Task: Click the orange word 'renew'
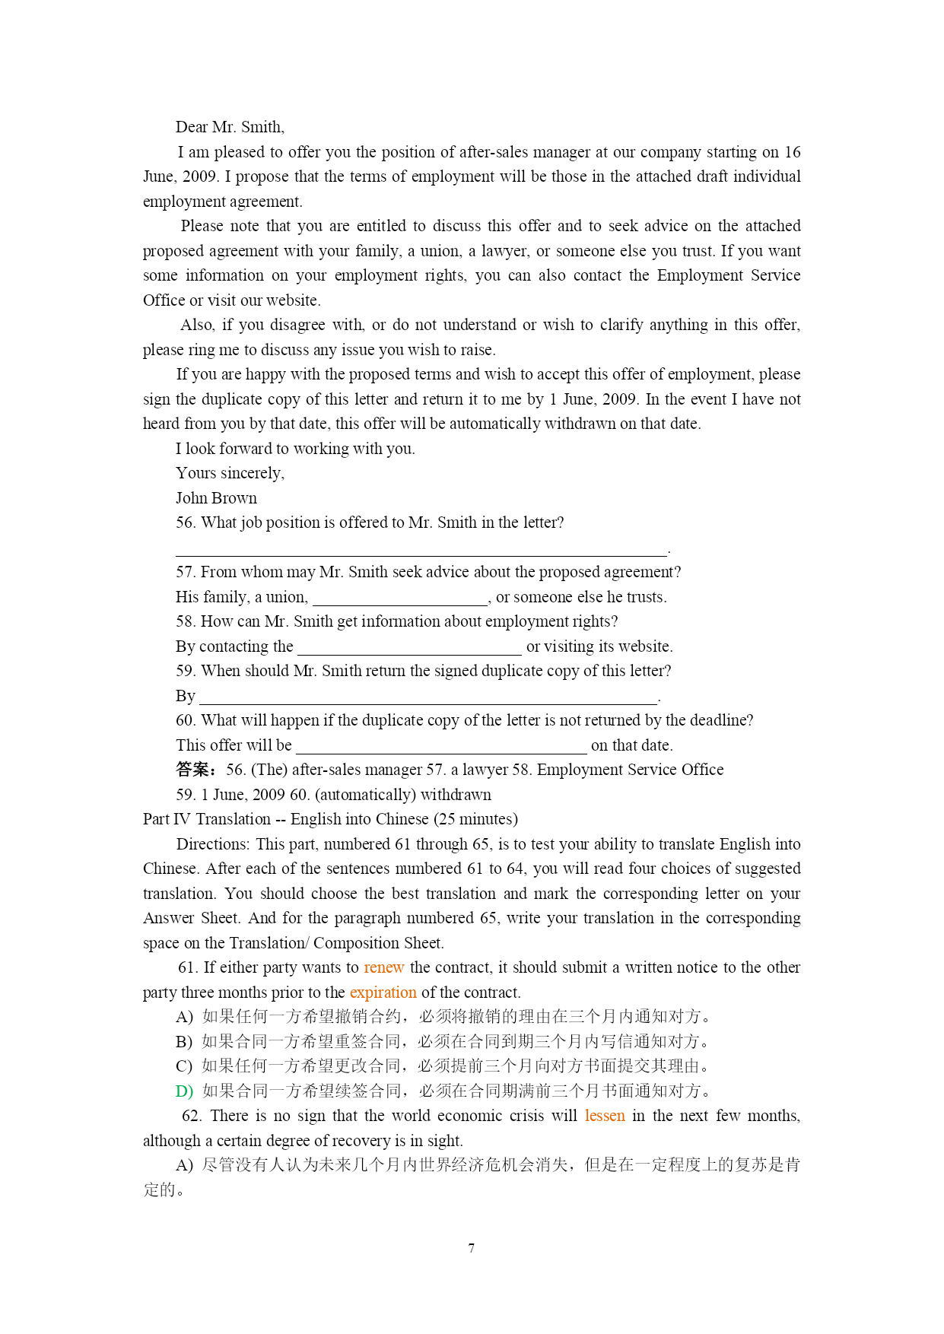point(383,967)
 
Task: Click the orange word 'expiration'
point(383,993)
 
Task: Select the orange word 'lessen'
point(605,1116)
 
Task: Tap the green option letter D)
point(184,1091)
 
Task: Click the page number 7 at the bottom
point(472,1248)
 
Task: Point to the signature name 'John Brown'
point(216,498)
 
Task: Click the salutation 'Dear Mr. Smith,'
point(230,127)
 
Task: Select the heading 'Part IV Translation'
point(206,819)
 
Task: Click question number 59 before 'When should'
point(185,671)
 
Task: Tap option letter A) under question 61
point(184,1017)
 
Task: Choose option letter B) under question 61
point(184,1042)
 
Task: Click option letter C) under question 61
point(184,1066)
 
